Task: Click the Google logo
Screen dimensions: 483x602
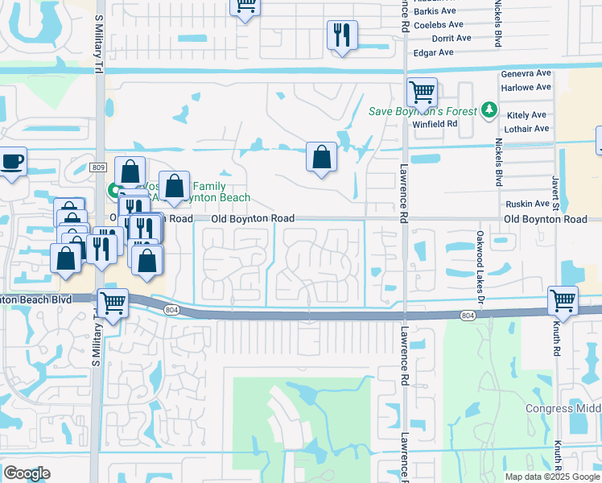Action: (x=27, y=473)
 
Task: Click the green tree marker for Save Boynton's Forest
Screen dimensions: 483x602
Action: (x=489, y=110)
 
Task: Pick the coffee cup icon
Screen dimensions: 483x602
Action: (x=12, y=161)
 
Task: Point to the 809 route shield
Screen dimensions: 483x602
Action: (x=98, y=167)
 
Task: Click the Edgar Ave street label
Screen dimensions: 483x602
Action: (x=433, y=52)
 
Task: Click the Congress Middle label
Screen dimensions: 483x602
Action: (x=563, y=408)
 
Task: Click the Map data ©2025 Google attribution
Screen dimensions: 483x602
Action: (x=552, y=476)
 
